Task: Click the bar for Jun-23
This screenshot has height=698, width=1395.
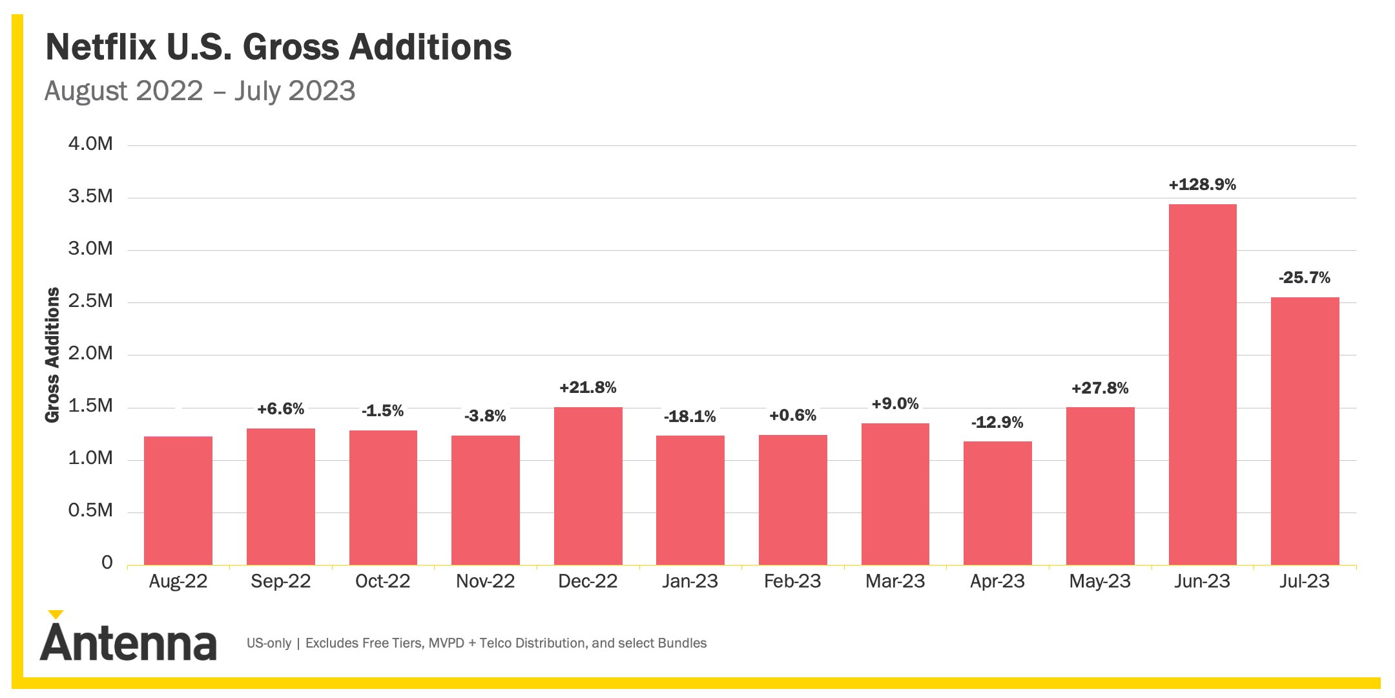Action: [1203, 385]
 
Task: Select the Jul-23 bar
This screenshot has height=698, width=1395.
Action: [1305, 431]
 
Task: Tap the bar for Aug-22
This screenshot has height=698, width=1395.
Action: [178, 501]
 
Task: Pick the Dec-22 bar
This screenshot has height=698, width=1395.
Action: [588, 486]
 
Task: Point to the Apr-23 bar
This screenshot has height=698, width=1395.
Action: [998, 503]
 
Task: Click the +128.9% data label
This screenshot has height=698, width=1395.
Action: [1203, 185]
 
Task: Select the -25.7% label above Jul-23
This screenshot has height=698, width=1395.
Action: [1305, 278]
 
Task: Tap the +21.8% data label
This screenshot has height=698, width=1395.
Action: [588, 388]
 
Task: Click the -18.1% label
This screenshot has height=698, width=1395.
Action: [690, 417]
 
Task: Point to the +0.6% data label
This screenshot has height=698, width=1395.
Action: [792, 416]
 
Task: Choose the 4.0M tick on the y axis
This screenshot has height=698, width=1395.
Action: [90, 143]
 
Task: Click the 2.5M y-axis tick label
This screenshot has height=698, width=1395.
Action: [90, 301]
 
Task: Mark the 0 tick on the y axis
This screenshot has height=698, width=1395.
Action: [107, 562]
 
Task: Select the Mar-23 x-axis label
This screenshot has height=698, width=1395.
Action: [895, 581]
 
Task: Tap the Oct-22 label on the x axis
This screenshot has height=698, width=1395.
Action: [383, 581]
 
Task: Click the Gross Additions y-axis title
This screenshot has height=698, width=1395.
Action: [52, 355]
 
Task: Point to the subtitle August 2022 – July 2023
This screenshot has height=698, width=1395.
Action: [200, 91]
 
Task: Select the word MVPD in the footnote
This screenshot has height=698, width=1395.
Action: [446, 643]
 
